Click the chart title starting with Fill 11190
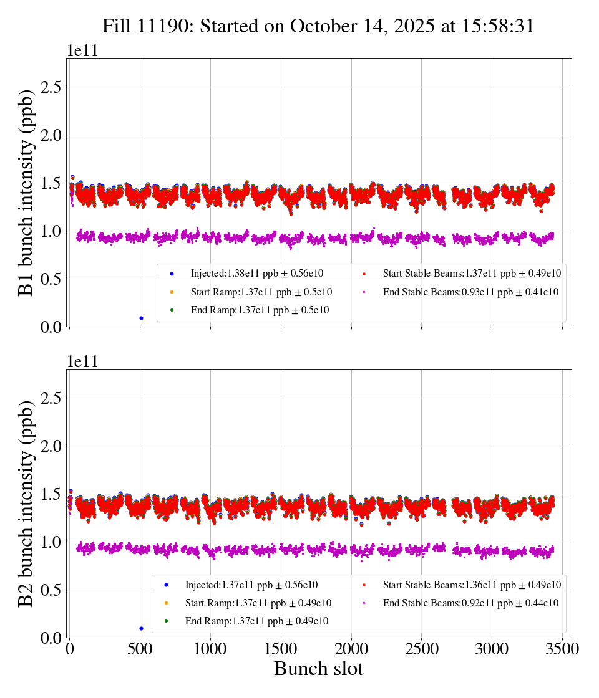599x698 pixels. pos(318,26)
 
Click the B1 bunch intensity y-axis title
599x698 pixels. pos(26,193)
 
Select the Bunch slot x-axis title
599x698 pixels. pos(318,669)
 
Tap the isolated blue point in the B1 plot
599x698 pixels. pos(141,318)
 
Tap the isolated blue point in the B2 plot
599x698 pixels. pos(141,628)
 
